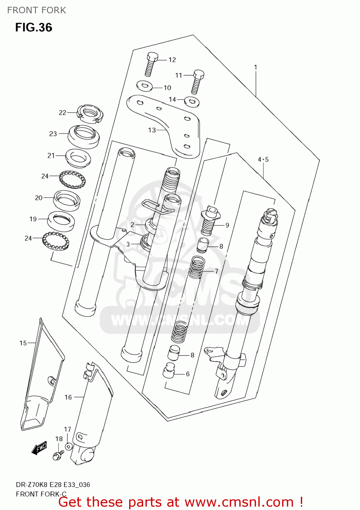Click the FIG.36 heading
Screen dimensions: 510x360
pos(34,27)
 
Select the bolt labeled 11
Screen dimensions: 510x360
pos(197,82)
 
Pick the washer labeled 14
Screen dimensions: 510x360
pos(192,101)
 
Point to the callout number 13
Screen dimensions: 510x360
pos(152,130)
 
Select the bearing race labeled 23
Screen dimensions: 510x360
pos(84,136)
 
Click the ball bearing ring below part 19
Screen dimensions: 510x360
pos(56,241)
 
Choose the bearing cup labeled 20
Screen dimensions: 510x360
pos(67,200)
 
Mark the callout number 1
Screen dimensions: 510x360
pos(256,67)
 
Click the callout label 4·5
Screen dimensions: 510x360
pos(263,159)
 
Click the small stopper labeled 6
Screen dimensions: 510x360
pos(169,371)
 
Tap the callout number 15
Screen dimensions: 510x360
pos(23,343)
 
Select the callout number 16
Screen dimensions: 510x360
pos(68,397)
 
